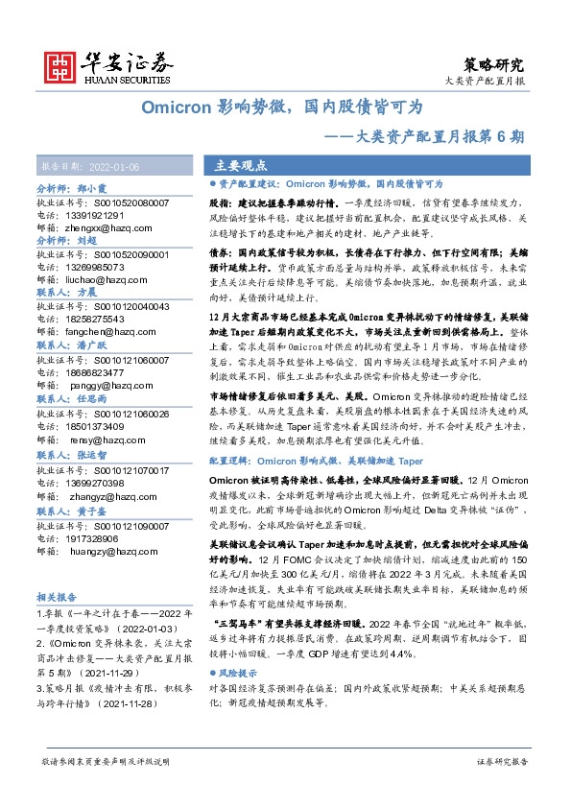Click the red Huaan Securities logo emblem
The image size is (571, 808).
pos(60,64)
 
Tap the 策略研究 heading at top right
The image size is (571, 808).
pos(496,65)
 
